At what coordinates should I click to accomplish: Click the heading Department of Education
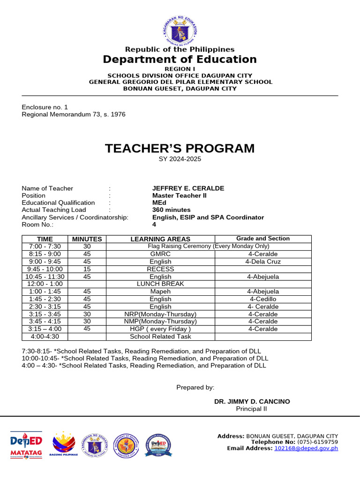click(180, 60)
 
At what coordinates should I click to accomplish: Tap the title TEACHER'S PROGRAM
click(180, 149)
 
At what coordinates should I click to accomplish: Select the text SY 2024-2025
click(180, 159)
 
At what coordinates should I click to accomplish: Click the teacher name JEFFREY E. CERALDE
click(188, 188)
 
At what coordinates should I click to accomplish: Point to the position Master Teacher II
click(179, 195)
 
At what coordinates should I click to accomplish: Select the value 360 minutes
click(171, 210)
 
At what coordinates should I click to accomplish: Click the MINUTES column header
click(87, 239)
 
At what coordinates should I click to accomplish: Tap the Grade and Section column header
click(262, 239)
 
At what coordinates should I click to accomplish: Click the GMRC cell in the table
click(160, 254)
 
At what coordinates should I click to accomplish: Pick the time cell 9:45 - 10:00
click(45, 269)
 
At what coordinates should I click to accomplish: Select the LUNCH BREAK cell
click(160, 284)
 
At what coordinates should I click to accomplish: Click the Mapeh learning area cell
click(160, 292)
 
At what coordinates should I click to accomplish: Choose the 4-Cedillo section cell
click(262, 299)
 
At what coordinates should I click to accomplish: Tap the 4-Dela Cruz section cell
click(262, 262)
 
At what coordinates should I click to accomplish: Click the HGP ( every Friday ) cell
click(160, 329)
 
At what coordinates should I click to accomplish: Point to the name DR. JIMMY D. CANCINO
click(252, 402)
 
